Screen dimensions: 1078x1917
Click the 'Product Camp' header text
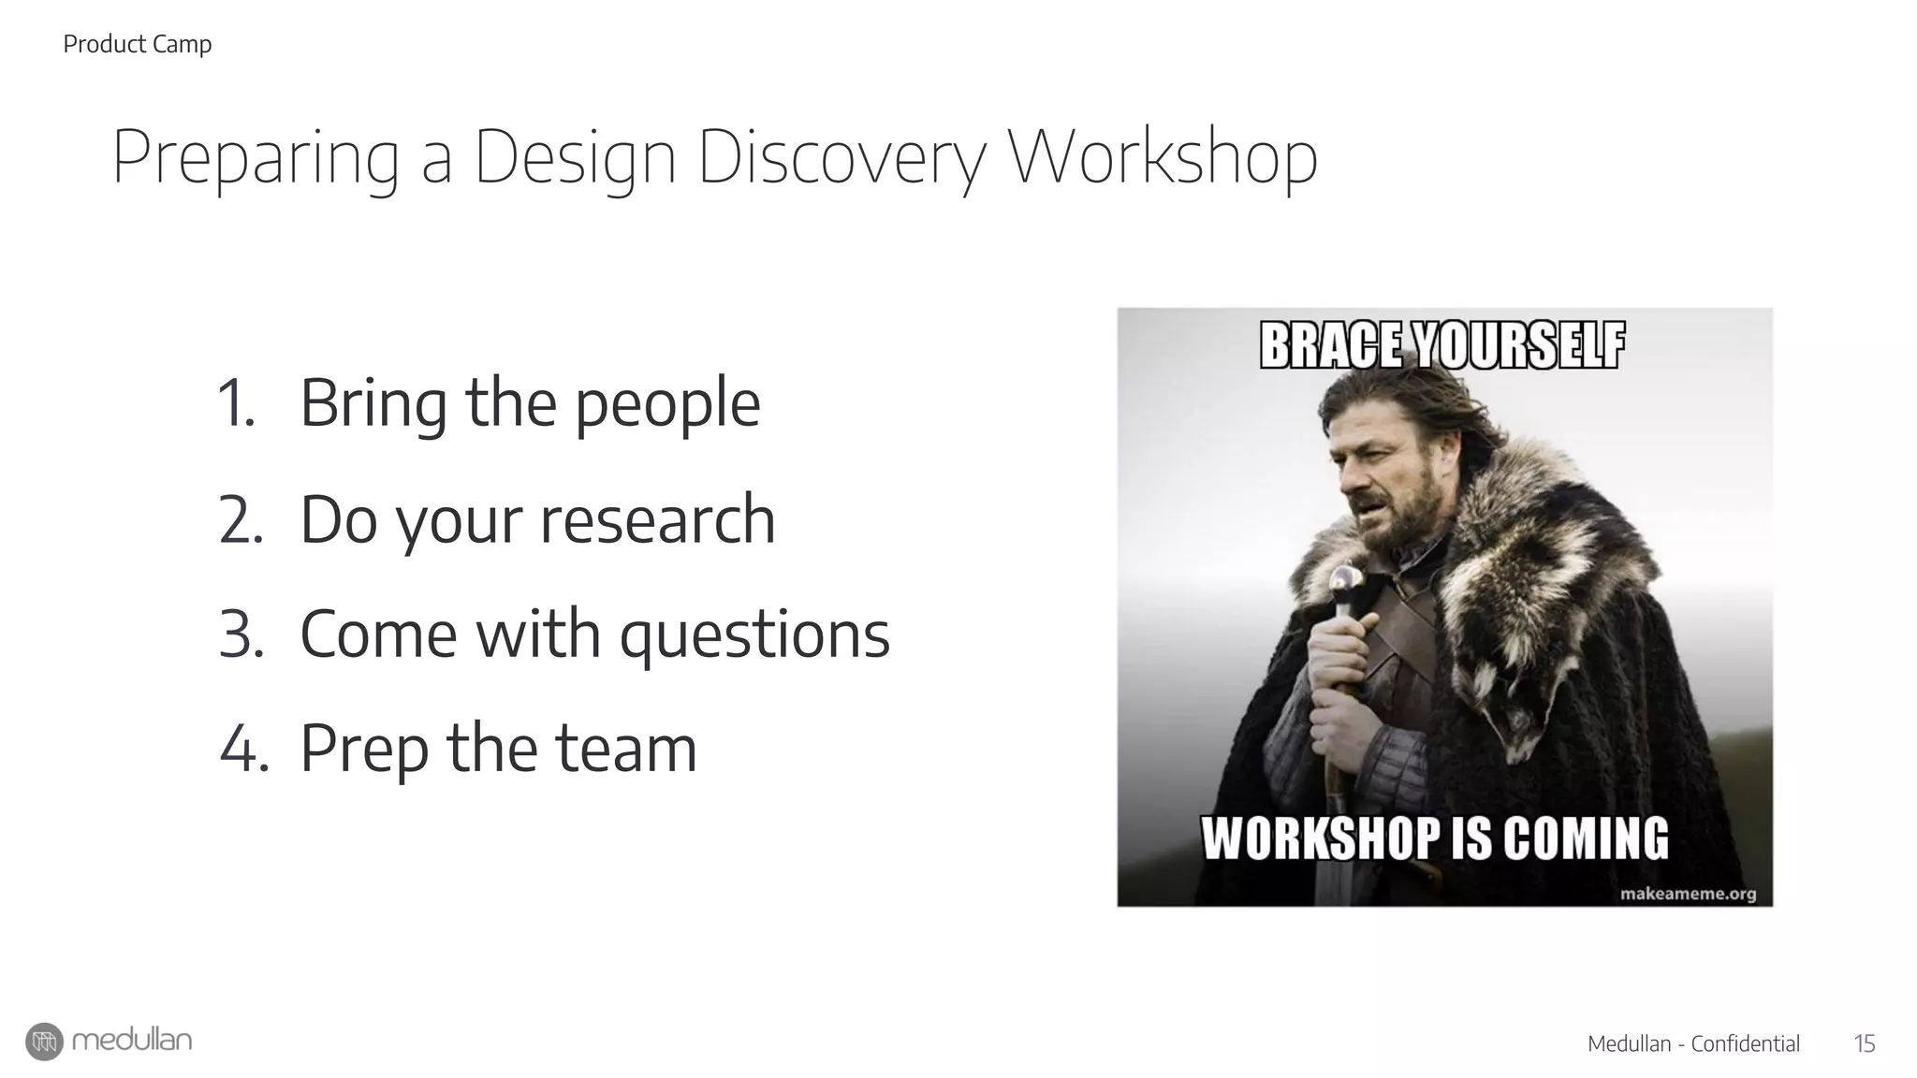coord(137,44)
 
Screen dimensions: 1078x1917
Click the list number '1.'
coord(236,404)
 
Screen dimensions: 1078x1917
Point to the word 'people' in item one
coord(666,404)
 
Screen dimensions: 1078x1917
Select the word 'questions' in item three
coord(754,634)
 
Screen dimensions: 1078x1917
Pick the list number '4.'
coord(243,749)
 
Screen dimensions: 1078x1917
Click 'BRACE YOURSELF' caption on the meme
coord(1442,345)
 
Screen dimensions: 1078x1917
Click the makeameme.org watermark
coord(1688,893)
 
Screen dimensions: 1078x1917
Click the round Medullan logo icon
coord(44,1042)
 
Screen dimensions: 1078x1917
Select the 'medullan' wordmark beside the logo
coord(132,1041)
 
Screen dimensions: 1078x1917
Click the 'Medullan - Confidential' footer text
coord(1693,1043)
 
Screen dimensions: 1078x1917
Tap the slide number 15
coord(1864,1043)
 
